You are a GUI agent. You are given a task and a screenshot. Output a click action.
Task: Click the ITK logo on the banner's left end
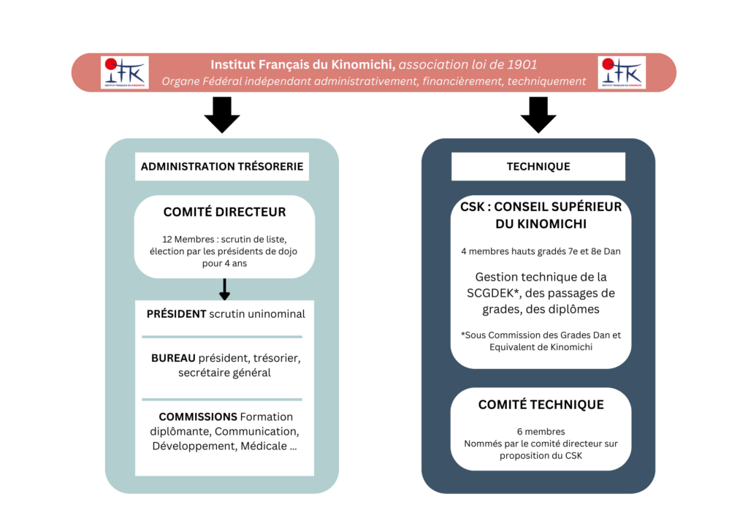click(124, 72)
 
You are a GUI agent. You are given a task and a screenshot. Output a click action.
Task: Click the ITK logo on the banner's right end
click(622, 72)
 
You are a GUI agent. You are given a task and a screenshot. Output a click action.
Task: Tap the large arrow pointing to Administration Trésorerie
click(222, 115)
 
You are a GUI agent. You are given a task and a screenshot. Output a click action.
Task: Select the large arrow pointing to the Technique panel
click(538, 115)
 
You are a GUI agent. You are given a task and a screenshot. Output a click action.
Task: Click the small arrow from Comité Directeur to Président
click(225, 289)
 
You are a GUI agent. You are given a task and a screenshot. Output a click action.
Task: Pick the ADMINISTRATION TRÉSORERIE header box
click(222, 167)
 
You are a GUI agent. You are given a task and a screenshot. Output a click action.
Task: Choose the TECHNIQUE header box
click(538, 167)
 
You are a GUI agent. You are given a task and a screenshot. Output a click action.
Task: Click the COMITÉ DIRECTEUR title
click(225, 212)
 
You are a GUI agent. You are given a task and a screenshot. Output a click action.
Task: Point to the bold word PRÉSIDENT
click(177, 314)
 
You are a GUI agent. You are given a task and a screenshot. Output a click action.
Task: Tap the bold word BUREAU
click(173, 358)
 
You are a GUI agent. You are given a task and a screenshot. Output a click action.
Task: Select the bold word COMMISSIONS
click(198, 417)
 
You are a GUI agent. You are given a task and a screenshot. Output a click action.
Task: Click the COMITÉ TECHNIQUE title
click(541, 405)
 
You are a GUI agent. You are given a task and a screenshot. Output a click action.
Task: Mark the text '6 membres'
click(541, 432)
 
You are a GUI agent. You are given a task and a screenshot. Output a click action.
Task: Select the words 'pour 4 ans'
click(225, 263)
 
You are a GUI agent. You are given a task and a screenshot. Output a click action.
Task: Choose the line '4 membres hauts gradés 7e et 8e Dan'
click(541, 251)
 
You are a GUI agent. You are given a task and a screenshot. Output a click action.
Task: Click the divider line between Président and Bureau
click(222, 337)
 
